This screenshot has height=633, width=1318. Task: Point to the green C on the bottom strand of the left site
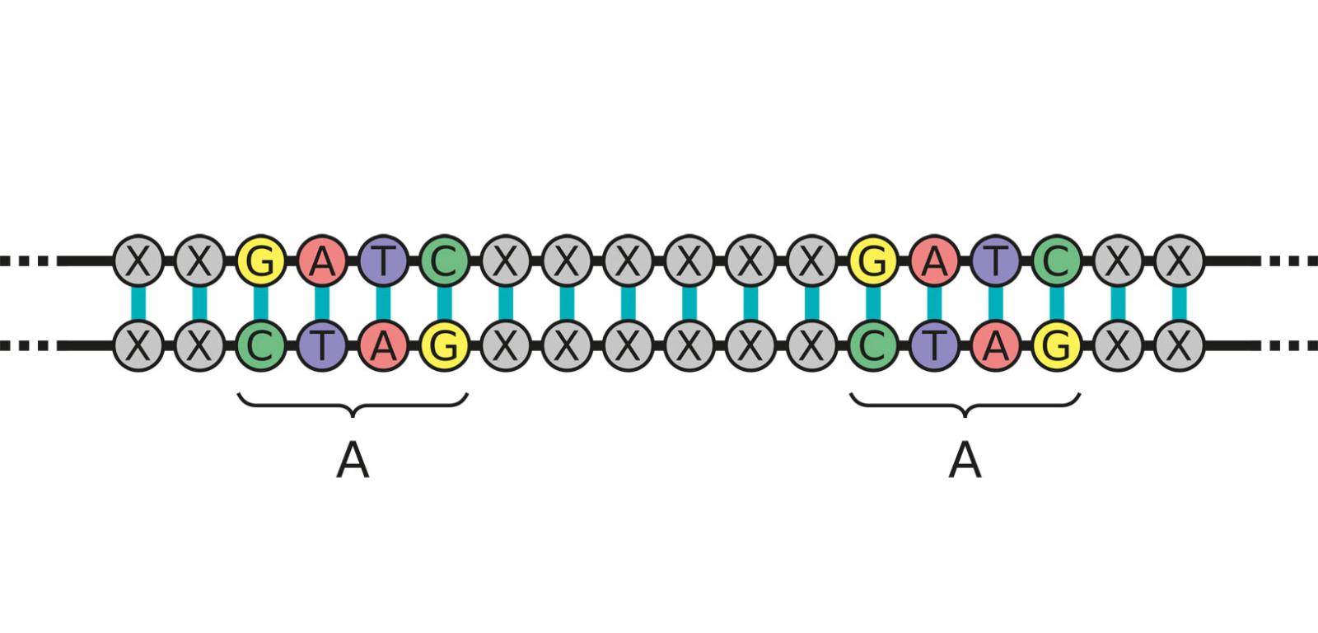pyautogui.click(x=260, y=345)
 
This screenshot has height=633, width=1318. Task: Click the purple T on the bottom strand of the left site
pyautogui.click(x=322, y=345)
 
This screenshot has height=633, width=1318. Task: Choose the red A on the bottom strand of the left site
pyautogui.click(x=383, y=345)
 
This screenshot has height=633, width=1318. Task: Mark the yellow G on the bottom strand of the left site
pyautogui.click(x=444, y=345)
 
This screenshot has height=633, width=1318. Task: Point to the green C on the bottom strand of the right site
pyautogui.click(x=873, y=345)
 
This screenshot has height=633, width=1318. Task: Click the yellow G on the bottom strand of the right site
pyautogui.click(x=1057, y=345)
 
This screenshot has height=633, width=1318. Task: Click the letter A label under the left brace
pyautogui.click(x=353, y=462)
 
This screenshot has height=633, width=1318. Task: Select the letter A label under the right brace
pyautogui.click(x=965, y=462)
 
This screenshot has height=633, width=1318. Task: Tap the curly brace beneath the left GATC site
pyautogui.click(x=353, y=404)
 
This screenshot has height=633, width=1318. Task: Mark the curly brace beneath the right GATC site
pyautogui.click(x=965, y=404)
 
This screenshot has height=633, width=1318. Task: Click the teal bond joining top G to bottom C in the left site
pyautogui.click(x=260, y=302)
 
